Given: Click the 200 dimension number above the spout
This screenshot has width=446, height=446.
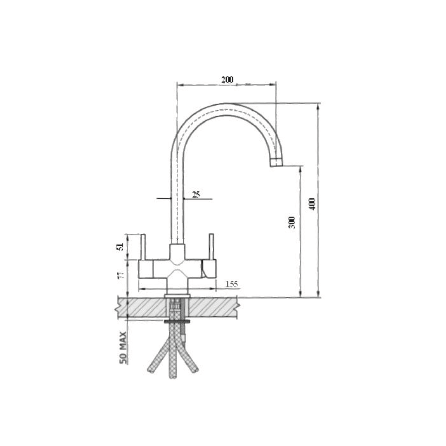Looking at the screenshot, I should click(227, 79).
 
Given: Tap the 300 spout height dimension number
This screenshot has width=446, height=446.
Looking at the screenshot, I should click(292, 223).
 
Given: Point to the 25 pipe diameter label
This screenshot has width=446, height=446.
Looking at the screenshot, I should click(196, 194).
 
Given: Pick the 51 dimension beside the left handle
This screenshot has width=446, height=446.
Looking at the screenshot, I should click(121, 247).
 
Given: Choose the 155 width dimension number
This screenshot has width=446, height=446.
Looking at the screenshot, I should click(232, 284).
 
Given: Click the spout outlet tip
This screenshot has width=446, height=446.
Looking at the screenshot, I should click(277, 163).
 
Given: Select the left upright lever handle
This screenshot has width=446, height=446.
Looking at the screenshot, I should click(143, 247).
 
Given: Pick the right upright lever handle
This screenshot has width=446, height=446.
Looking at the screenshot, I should click(212, 247).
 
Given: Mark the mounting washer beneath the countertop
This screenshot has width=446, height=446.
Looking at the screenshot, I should click(177, 320).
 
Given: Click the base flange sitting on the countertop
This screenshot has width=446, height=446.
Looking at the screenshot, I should click(177, 295).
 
